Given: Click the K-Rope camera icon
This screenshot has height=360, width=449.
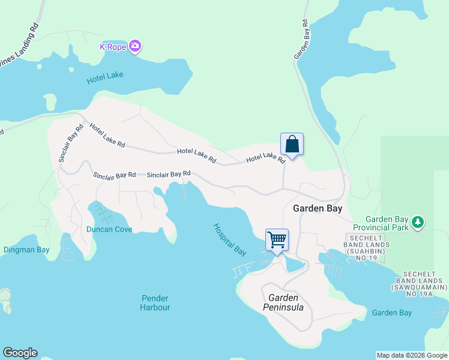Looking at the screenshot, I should (x=135, y=46).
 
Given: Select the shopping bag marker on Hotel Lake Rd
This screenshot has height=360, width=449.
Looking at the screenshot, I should (x=292, y=145).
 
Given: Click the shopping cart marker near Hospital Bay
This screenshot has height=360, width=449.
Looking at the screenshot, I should (x=277, y=240).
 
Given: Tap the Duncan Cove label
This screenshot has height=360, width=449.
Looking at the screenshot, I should (x=109, y=229).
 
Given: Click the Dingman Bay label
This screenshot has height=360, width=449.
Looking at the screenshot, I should (x=26, y=250).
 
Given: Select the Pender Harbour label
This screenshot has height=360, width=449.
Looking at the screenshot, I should (x=155, y=302).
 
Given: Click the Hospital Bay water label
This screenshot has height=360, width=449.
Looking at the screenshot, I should (x=230, y=238).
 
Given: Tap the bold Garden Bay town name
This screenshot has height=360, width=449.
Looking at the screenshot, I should (x=318, y=209).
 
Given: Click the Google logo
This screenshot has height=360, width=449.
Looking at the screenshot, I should (x=20, y=353).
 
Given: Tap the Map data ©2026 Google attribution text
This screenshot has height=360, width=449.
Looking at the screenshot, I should (x=411, y=355).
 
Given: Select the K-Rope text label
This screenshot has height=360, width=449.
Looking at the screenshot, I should (x=112, y=46).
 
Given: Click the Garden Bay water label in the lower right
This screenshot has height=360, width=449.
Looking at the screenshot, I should (x=391, y=313).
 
